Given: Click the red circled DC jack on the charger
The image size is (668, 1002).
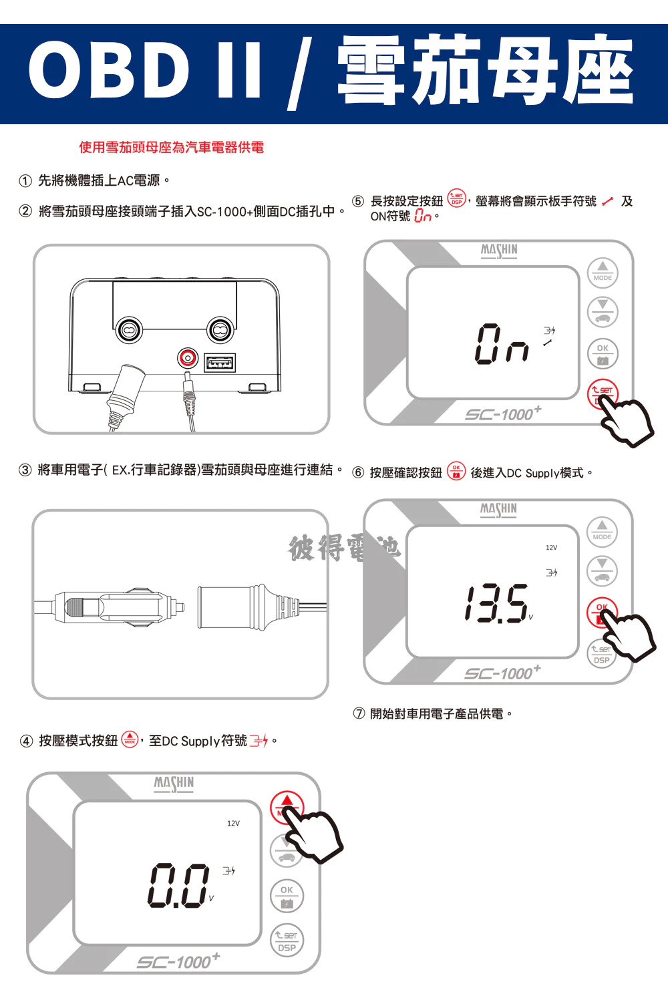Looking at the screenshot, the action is coord(188,358).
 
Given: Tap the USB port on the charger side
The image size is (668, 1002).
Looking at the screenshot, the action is coord(220,362).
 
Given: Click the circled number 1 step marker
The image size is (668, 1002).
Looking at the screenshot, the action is coord(25,181).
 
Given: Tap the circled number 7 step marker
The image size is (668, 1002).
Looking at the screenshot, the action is coord(359,713).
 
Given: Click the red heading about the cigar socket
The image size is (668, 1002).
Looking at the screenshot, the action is coord(172,147).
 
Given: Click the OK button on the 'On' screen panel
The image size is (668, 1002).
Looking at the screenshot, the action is coord(603,353).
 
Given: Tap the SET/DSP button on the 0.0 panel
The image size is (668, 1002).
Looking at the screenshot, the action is coord(287,941).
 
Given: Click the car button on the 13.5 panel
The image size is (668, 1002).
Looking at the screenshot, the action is coord(602,570).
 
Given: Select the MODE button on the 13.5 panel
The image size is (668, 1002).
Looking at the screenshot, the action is coord(602,532).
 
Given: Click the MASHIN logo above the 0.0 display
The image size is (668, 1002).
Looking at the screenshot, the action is coord(174,784).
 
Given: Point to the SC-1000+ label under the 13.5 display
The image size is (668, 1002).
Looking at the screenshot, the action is coord(502,672).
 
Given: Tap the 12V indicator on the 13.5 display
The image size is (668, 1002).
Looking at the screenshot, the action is coord(551,548).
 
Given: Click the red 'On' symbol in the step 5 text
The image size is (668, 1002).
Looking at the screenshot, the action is coord(423,216).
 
